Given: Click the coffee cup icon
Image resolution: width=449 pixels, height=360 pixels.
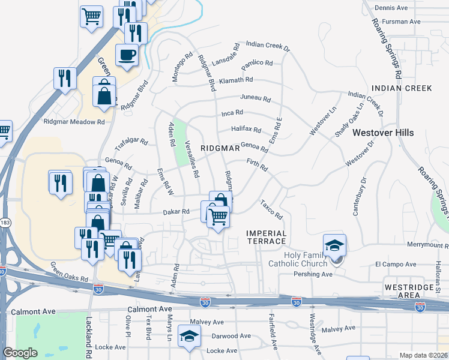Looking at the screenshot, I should click(x=127, y=55).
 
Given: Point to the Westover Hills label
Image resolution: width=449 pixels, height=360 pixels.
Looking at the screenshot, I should click(x=383, y=133).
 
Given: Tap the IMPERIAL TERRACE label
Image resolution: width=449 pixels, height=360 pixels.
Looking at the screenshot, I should click(x=267, y=236).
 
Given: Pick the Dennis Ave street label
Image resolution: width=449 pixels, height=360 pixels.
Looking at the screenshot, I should click(x=391, y=8).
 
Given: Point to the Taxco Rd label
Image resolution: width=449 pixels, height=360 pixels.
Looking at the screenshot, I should click(x=271, y=210).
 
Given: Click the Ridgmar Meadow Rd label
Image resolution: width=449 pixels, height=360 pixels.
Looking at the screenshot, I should click(x=74, y=121).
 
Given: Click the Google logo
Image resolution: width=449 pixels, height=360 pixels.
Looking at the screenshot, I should click(x=20, y=353).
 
